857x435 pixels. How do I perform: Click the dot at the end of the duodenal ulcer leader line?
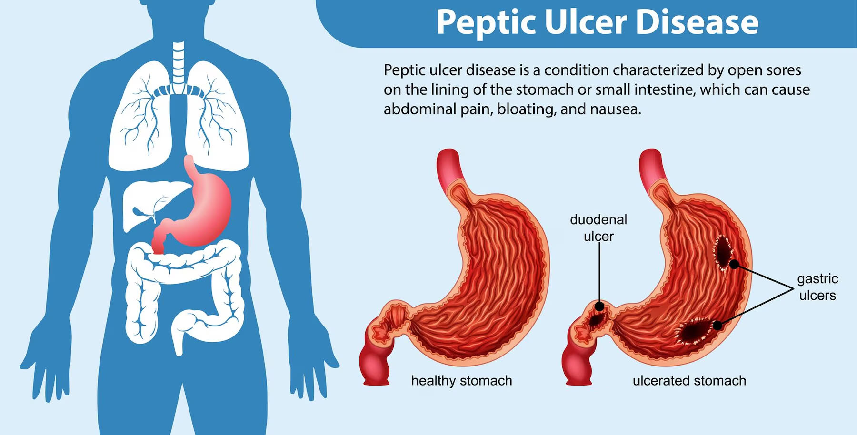(x=600, y=306)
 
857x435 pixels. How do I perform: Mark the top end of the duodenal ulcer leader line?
(x=599, y=244)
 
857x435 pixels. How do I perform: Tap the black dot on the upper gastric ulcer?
(x=735, y=264)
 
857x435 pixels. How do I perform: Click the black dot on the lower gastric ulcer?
(x=717, y=326)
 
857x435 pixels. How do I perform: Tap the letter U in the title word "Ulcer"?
(x=557, y=22)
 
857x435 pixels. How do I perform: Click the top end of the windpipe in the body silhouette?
(x=178, y=43)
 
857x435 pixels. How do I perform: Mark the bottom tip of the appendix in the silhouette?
(x=179, y=354)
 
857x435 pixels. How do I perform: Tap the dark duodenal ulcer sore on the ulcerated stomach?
(x=597, y=317)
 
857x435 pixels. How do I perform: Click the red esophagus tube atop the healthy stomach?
(x=449, y=171)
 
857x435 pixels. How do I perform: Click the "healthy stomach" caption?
(x=461, y=381)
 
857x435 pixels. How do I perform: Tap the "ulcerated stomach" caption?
(x=689, y=381)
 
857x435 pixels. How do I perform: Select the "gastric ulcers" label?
(x=817, y=287)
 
